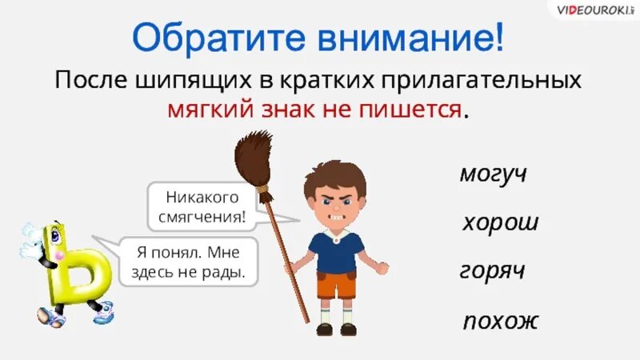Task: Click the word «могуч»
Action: click(493, 174)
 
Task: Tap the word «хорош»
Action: click(500, 222)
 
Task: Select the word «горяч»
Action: click(492, 272)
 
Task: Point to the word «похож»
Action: click(501, 322)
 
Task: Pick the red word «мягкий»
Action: click(209, 110)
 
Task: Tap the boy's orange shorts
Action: click(336, 286)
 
